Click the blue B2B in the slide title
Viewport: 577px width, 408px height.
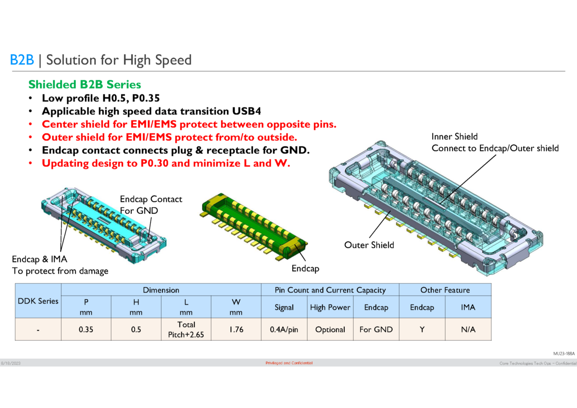coord(21,60)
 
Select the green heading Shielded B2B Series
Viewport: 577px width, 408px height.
coord(85,85)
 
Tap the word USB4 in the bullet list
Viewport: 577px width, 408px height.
coord(245,111)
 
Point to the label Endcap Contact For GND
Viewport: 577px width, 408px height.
coord(151,204)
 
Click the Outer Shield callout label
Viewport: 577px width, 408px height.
coord(369,245)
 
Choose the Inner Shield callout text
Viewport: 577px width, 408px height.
coord(495,142)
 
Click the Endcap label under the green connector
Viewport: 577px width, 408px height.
coord(305,268)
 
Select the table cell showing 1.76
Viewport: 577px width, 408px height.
coord(236,330)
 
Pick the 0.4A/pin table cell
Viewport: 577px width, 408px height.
coord(284,330)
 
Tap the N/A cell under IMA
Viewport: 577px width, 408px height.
coord(468,330)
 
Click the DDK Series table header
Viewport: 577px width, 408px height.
coord(38,301)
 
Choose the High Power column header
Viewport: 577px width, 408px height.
coord(330,307)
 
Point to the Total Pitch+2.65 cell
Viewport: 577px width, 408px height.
coord(186,330)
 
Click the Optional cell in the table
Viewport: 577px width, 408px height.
coord(330,330)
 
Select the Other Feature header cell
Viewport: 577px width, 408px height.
coord(445,290)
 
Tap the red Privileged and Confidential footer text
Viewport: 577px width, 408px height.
coord(289,363)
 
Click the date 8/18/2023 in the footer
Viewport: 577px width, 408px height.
coord(10,363)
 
